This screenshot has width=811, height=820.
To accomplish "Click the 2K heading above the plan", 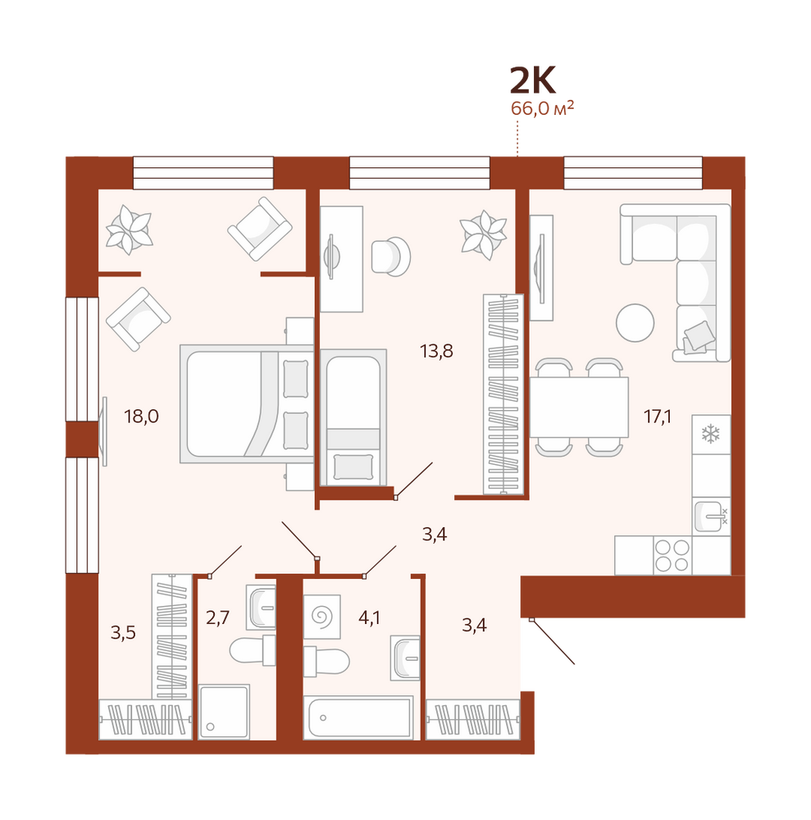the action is [x=533, y=81].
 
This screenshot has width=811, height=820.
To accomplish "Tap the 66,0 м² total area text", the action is [x=542, y=108].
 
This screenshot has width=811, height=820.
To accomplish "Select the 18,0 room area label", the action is [x=141, y=417].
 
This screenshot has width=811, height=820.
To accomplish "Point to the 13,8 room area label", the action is [x=436, y=352].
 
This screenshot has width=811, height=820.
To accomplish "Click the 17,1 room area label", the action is [x=658, y=417].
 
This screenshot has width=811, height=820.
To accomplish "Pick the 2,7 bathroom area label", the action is [x=217, y=618].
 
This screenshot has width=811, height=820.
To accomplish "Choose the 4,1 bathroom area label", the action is [x=369, y=618].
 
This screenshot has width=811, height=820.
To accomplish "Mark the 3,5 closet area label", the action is [x=123, y=633].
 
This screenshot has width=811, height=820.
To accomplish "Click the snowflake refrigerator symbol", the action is [x=711, y=434].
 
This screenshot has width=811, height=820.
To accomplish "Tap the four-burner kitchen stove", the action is [x=672, y=555].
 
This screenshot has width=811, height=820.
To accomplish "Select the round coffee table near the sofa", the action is [x=635, y=323].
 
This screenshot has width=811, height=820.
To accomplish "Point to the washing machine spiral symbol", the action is [x=322, y=616].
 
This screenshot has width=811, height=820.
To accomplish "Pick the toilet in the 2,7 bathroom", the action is [x=253, y=650].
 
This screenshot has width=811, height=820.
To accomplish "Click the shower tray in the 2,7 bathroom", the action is [x=224, y=711].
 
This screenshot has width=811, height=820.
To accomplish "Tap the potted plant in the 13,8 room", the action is [x=483, y=235].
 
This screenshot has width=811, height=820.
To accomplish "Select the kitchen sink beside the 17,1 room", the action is [x=711, y=516].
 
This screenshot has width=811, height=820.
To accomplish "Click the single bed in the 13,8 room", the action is [x=353, y=417].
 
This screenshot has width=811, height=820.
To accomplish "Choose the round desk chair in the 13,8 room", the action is [x=390, y=256].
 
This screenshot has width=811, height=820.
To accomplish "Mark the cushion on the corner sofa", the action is [x=699, y=335].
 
